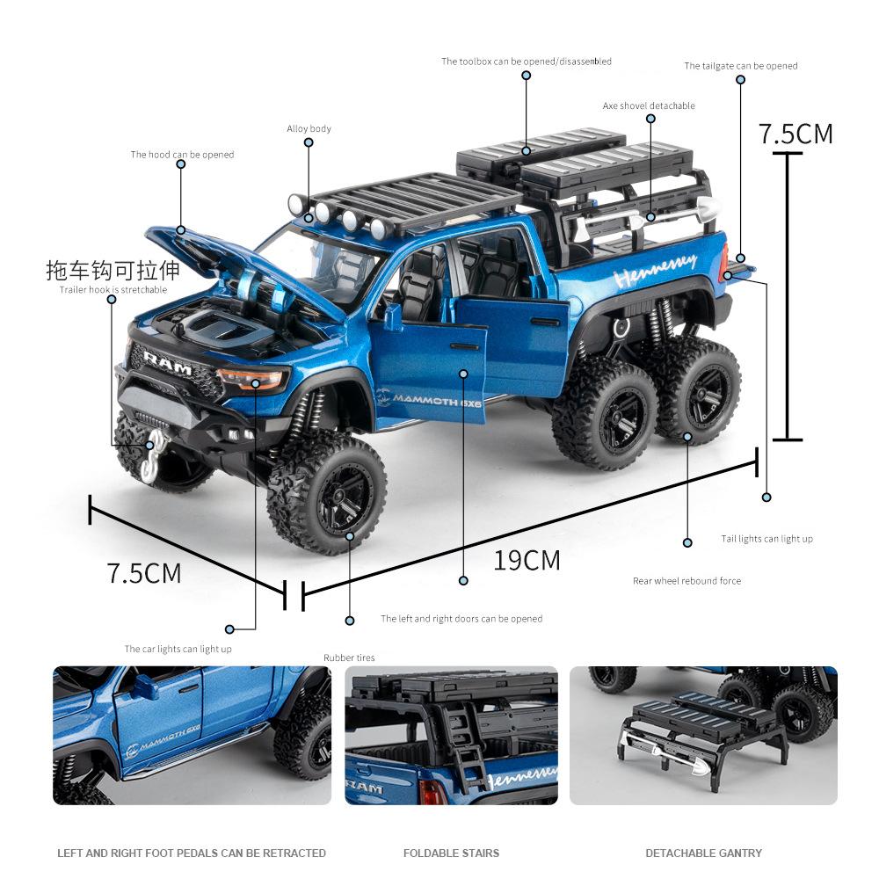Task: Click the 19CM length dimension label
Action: click(527, 560)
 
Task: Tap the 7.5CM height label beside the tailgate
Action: click(795, 134)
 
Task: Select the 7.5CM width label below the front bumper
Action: click(144, 573)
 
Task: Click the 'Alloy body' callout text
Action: click(309, 129)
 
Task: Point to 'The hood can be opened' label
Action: click(183, 155)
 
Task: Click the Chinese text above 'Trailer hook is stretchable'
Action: click(113, 270)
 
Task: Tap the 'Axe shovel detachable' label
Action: click(649, 106)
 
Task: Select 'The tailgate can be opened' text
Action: click(741, 66)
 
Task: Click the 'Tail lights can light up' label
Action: click(767, 539)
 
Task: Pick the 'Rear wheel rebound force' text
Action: click(686, 581)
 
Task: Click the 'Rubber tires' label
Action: click(349, 657)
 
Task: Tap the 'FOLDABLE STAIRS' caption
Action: click(451, 853)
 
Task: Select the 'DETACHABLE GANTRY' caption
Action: click(703, 853)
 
